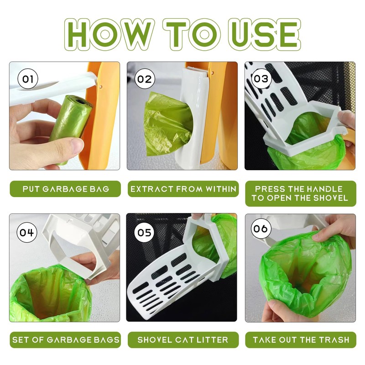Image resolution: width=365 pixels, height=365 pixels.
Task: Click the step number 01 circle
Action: click(x=28, y=79)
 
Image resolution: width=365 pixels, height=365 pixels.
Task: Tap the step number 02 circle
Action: click(x=145, y=78)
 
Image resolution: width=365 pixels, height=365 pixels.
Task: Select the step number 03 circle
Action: click(x=261, y=78)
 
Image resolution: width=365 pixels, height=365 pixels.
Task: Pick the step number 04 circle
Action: click(x=27, y=232)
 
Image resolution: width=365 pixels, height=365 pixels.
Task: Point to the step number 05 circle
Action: click(x=144, y=232)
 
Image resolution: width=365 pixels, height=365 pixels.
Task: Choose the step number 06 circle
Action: click(x=261, y=229)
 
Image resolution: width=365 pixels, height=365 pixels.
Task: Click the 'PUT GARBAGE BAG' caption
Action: click(x=66, y=189)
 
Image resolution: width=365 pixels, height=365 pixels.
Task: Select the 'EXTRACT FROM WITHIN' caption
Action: click(x=183, y=189)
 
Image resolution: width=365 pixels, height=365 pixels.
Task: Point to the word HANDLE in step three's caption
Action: click(x=325, y=189)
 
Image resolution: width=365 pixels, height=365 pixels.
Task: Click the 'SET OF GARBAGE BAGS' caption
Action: click(x=66, y=340)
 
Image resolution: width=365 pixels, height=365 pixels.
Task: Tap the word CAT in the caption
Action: click(x=185, y=340)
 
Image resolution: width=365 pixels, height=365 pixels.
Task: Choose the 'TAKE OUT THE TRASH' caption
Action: click(x=301, y=340)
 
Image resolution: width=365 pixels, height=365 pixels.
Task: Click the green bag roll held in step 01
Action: click(x=69, y=126)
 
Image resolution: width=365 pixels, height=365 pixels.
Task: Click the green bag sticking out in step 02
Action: click(x=167, y=125)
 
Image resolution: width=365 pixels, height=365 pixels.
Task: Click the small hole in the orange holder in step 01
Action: click(x=100, y=87)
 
